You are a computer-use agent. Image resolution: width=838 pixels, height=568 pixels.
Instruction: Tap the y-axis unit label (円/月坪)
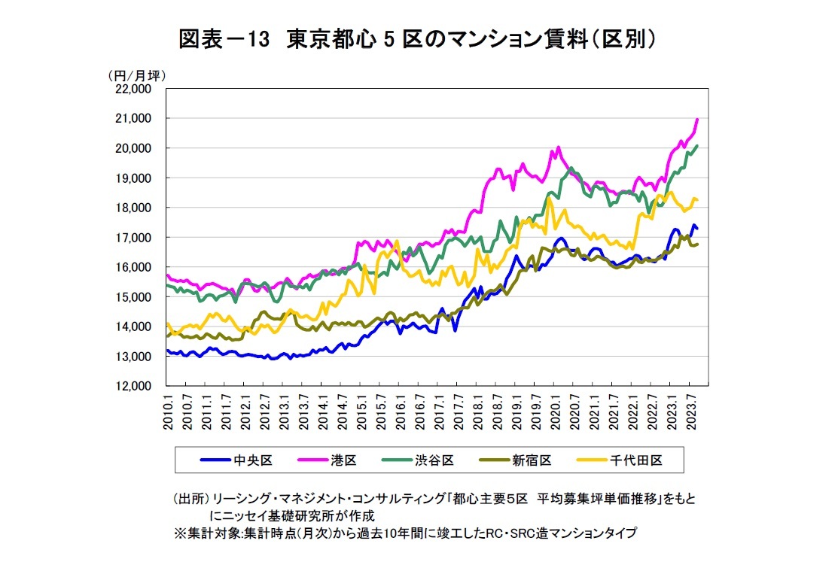coord(137,75)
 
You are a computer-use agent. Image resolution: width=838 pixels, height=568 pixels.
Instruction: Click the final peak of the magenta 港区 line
coord(697,119)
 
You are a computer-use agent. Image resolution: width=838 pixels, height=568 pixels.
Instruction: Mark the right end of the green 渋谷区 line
coord(697,146)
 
